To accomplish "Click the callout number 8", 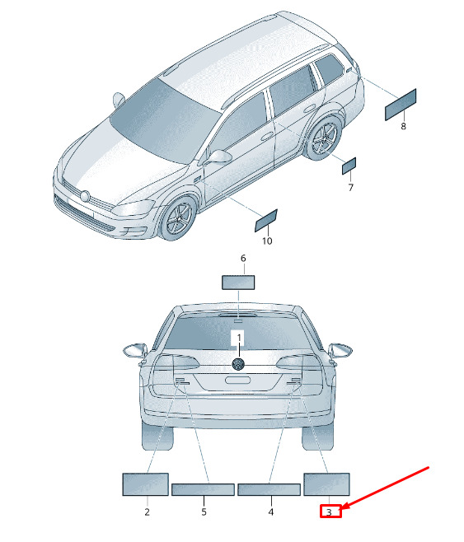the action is [403, 126].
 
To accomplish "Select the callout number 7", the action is [350, 187].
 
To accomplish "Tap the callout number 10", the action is [267, 241].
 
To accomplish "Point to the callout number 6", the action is [243, 258].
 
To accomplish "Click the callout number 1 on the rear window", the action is [239, 337].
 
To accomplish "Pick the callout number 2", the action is [147, 512].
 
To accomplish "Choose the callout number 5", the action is [204, 512].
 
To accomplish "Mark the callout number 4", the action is [270, 512].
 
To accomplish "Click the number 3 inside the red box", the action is [329, 512].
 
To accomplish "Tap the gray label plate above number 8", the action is [401, 105].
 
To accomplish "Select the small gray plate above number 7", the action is [349, 166].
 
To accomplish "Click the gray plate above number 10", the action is [266, 221].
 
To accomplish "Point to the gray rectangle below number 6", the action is [238, 282].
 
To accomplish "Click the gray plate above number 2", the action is [146, 484].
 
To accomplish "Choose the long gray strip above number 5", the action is [203, 489].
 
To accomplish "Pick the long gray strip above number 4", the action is [269, 489].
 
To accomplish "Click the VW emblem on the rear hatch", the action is [238, 364].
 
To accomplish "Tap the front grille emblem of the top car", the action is [85, 196].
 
